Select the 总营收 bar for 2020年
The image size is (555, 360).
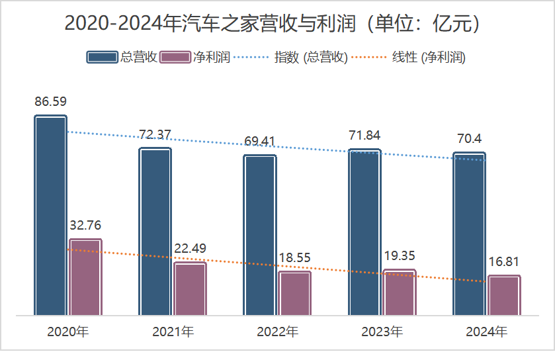click(51, 215)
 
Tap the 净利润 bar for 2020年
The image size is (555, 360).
click(85, 277)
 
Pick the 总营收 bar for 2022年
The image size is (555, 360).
click(260, 235)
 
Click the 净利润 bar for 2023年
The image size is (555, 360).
click(400, 292)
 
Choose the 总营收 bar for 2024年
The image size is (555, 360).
click(469, 234)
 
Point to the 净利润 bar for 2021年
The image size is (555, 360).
click(191, 289)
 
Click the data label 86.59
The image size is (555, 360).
click(51, 102)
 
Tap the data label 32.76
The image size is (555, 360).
click(85, 225)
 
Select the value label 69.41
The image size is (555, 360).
click(259, 141)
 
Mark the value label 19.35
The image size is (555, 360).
click(399, 255)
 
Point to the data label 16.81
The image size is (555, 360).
click(503, 261)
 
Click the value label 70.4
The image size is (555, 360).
click(468, 139)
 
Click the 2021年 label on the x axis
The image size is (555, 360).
click(173, 331)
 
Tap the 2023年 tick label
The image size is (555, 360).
click(382, 331)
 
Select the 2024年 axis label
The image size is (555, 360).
click(486, 331)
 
